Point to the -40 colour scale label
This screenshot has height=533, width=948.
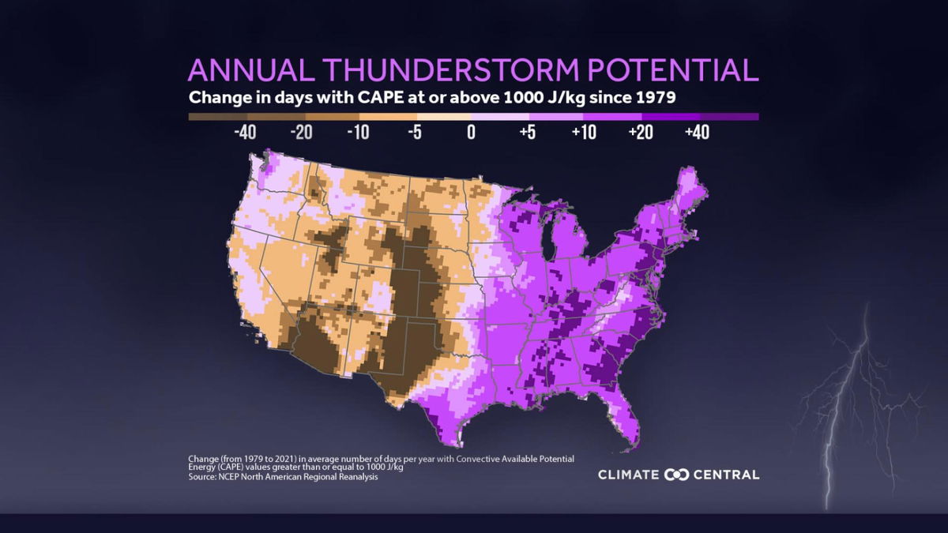(x=246, y=132)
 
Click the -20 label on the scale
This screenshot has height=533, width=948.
(x=302, y=132)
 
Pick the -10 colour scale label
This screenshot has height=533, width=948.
(x=358, y=132)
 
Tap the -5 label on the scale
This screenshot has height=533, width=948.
(x=414, y=132)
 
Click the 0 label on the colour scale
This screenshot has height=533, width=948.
(x=471, y=132)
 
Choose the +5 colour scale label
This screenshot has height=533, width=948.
(x=527, y=132)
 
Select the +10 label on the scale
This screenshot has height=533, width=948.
(x=583, y=132)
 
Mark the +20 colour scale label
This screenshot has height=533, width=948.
(x=640, y=132)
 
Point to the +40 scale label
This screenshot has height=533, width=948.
(x=696, y=132)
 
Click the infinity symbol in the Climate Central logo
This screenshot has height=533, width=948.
(x=677, y=475)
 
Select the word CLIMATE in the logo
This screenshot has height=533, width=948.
(x=629, y=475)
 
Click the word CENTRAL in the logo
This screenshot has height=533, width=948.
(x=726, y=475)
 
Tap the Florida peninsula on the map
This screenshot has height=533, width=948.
(x=623, y=411)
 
